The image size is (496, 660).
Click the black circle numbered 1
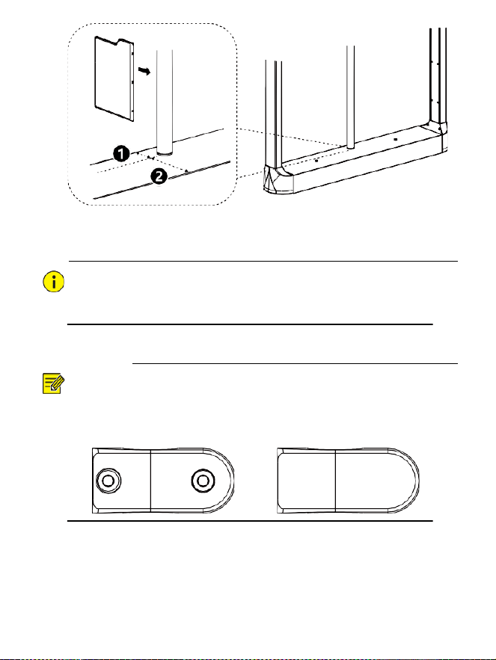click(122, 154)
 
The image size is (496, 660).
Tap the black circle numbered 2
click(159, 176)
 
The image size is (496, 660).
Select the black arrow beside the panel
click(144, 72)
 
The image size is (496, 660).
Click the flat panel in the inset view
click(114, 78)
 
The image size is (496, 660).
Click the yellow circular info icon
click(54, 282)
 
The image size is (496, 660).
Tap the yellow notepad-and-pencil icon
click(53, 383)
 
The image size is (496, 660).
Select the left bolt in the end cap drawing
click(108, 481)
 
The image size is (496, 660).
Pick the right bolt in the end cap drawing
click(203, 481)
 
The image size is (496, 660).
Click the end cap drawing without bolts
click(348, 481)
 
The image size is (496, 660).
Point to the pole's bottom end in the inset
click(165, 152)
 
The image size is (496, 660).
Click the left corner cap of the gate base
click(278, 179)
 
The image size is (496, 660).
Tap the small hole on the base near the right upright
click(395, 138)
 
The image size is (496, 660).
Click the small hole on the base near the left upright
click(316, 161)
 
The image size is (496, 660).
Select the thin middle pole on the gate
click(351, 97)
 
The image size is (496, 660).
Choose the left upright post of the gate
click(274, 114)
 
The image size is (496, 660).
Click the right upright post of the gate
click(438, 75)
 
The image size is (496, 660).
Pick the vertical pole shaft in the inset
click(165, 101)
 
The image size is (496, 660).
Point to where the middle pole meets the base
click(351, 148)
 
